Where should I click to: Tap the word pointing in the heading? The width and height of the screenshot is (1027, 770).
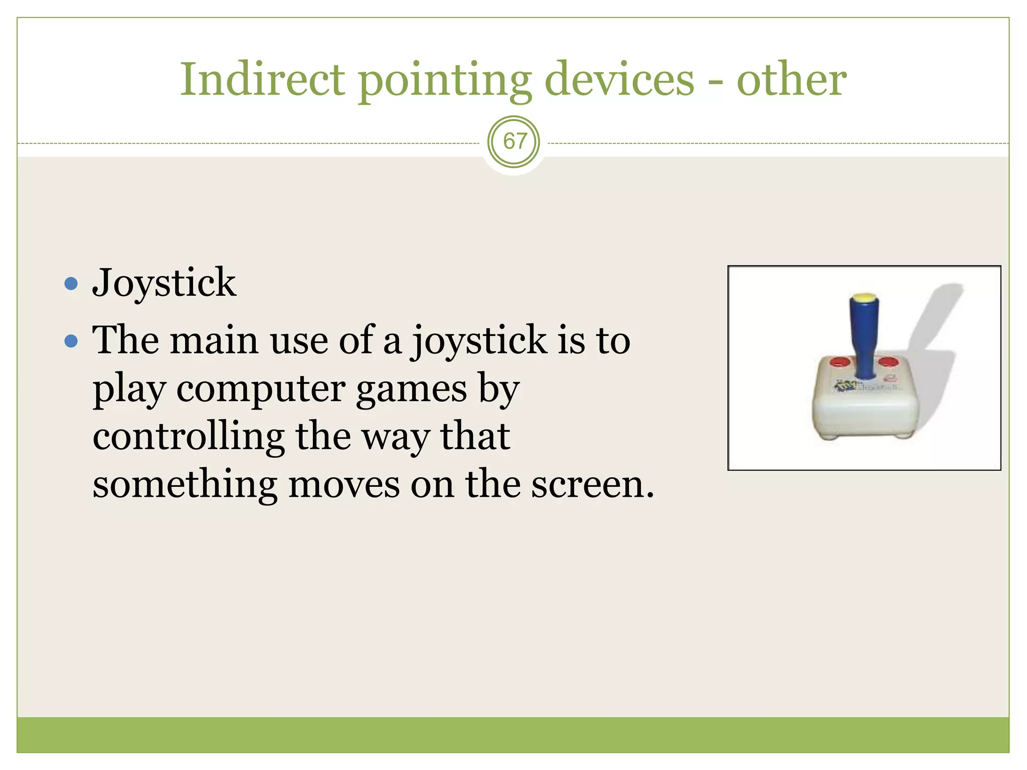[444, 80]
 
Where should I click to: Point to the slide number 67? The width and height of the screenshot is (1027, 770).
[514, 141]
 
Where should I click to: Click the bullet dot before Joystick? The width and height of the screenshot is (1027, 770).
[72, 284]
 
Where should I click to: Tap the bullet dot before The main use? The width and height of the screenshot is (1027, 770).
[72, 341]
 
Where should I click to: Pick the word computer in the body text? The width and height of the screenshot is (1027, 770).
[261, 390]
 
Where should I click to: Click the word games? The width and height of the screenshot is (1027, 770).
[411, 390]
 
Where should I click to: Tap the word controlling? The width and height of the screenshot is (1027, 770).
[189, 437]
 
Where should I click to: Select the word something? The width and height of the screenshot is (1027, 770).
[185, 485]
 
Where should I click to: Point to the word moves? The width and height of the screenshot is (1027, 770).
[344, 485]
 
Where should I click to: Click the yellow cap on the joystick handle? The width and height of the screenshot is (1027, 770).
[864, 297]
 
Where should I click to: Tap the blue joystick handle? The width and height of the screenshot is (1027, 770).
[865, 336]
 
